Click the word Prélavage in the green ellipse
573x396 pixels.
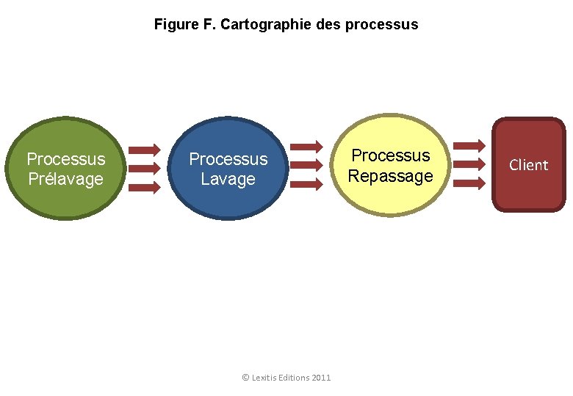click(65, 179)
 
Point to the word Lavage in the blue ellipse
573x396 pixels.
click(228, 179)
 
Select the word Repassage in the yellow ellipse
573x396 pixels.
click(390, 176)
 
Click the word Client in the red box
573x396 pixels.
click(529, 165)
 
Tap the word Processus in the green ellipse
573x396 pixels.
click(65, 159)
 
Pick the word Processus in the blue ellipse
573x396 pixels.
click(228, 159)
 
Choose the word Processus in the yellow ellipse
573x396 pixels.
click(390, 155)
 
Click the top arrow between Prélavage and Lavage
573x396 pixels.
click(145, 150)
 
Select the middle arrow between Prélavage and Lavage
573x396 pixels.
click(145, 168)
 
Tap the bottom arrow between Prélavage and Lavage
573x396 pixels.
click(145, 186)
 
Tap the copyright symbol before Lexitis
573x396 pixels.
click(245, 378)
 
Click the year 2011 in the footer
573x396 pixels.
click(321, 378)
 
